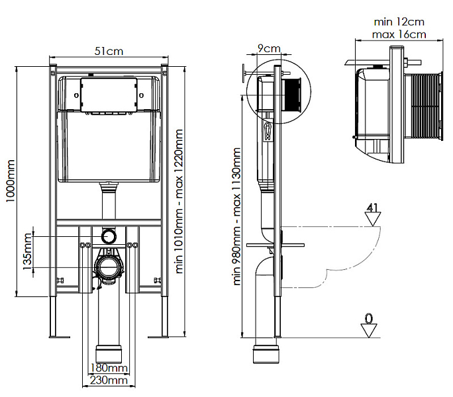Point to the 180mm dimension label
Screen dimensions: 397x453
tap(109, 368)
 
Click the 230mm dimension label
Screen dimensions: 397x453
tap(109, 380)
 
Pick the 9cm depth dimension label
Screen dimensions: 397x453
tap(268, 48)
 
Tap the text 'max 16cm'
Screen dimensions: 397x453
tap(399, 34)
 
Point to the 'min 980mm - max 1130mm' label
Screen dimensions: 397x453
tap(236, 215)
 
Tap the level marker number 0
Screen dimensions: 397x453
tap(370, 318)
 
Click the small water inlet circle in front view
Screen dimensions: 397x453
tap(109, 236)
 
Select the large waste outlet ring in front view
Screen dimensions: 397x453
tap(109, 267)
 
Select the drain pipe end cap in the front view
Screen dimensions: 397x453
tap(109, 352)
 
